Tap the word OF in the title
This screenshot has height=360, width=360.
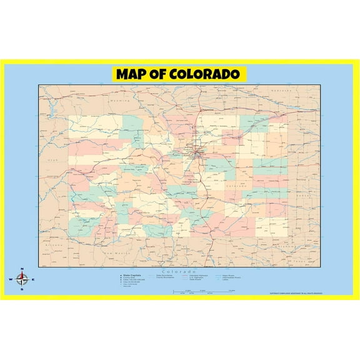coord(161,74)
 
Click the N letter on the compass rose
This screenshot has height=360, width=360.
coord(22,269)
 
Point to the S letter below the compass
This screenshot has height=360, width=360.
coord(22,290)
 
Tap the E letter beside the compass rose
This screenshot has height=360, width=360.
coord(33,279)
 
